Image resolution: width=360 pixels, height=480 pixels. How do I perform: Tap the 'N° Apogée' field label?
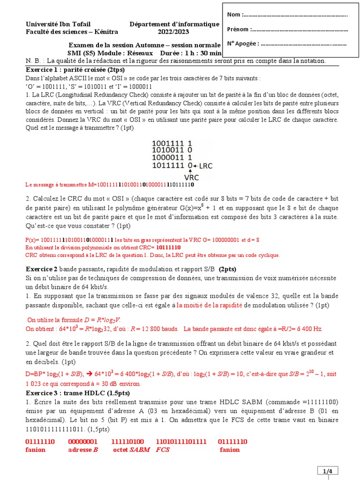tap(243, 44)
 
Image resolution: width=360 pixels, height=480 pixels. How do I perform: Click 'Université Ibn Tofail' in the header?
tap(58, 24)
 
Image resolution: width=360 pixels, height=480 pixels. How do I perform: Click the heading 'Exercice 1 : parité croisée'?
tap(67, 69)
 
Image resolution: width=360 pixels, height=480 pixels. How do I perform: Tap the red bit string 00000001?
tap(83, 442)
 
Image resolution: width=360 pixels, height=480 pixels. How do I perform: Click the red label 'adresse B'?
tap(83, 450)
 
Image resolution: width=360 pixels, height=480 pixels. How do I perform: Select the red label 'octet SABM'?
tap(131, 450)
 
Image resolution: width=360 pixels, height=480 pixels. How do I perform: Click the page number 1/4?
tap(327, 471)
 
